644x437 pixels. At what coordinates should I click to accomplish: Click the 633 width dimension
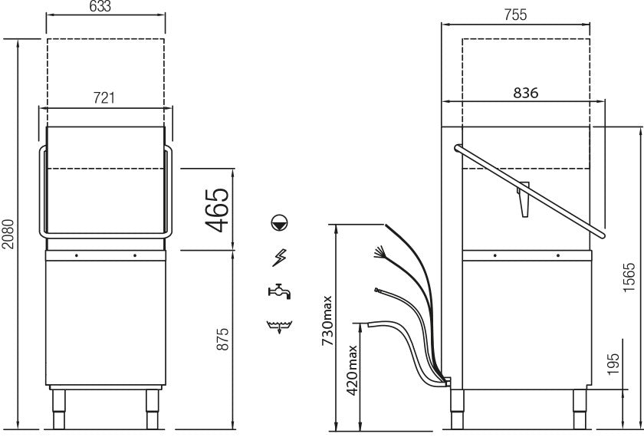(104, 8)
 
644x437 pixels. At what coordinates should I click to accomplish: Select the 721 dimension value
(104, 98)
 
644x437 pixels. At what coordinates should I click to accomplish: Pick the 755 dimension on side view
(515, 15)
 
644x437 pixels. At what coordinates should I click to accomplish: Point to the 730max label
(327, 323)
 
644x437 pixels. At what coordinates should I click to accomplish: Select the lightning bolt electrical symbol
(280, 258)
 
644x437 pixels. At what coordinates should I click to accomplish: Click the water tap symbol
(280, 291)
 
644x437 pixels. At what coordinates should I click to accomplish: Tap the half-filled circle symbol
(280, 223)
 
